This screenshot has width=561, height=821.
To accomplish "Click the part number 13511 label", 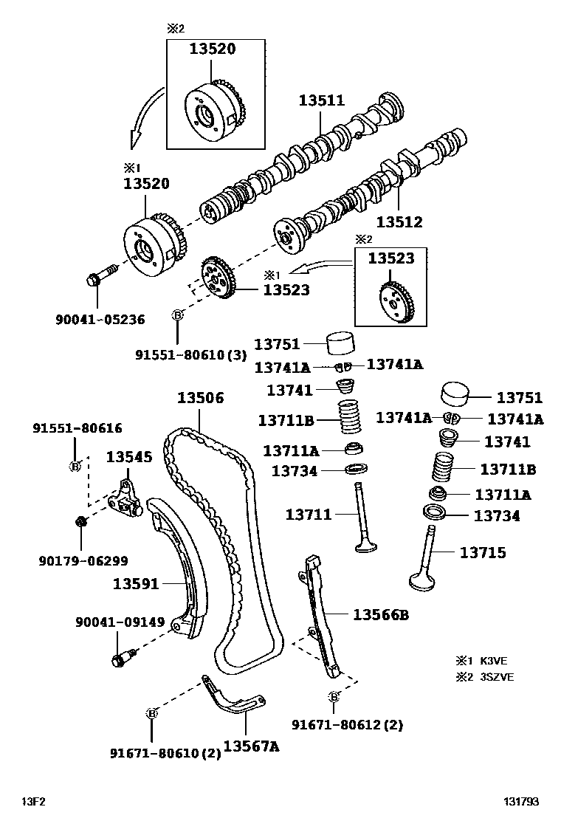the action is [321, 100].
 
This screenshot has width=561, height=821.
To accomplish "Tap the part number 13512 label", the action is [399, 221].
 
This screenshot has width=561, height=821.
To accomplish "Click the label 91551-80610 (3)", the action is [190, 355].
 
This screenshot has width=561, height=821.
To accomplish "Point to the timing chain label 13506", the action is [200, 397].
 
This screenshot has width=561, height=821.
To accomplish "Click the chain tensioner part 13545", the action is [125, 498].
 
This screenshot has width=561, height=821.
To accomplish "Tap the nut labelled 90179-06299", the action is [80, 521].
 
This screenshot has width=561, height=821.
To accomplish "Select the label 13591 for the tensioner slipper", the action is [136, 583].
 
